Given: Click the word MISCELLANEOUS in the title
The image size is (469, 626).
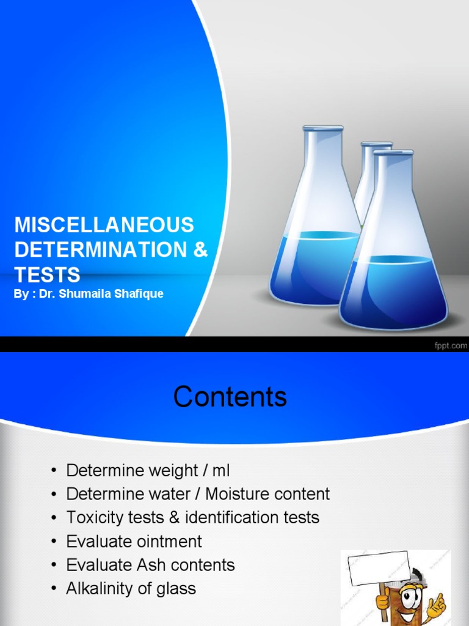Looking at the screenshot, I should coord(104,225).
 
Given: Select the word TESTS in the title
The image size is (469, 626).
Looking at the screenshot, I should coord(47,274).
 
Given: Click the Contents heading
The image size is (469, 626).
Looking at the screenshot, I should coord(230,397).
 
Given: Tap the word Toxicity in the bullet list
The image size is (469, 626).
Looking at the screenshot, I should coord(96,518).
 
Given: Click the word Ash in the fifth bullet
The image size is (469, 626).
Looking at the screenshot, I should coord(154,565).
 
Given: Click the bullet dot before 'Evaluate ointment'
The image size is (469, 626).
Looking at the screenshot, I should coord(54,542).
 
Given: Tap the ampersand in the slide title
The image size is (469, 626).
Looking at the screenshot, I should coord(201,249).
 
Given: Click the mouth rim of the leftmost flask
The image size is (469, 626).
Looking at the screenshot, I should coord(322,128).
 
